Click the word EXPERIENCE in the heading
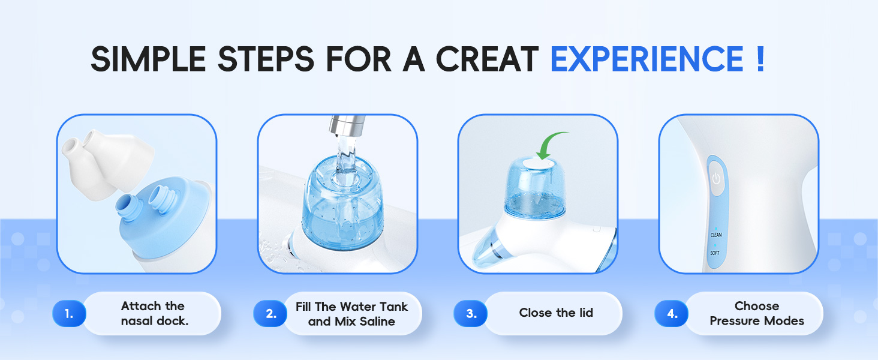[x=647, y=59]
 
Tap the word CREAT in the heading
[x=486, y=59]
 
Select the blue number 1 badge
[x=69, y=314]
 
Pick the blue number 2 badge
[x=270, y=314]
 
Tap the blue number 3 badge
[x=471, y=314]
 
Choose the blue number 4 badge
[x=672, y=314]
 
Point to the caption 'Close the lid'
[x=556, y=313]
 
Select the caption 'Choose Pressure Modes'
[x=757, y=314]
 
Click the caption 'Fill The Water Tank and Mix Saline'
[x=351, y=314]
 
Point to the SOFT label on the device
[x=715, y=253]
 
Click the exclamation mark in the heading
[x=760, y=59]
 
